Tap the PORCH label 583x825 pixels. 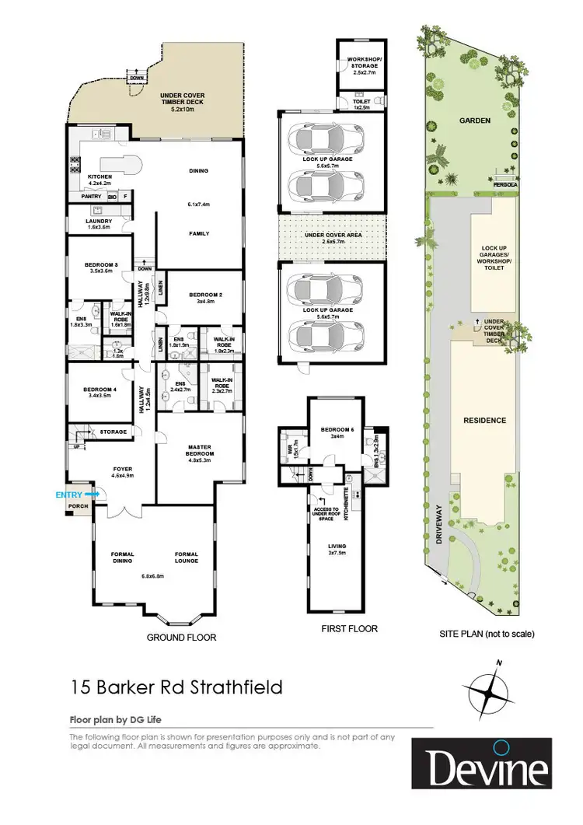pos(78,506)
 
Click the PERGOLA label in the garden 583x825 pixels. pos(505,184)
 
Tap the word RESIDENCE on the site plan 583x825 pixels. pos(484,421)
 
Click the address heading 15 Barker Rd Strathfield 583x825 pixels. pos(176,687)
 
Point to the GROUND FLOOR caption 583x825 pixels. pos(181,637)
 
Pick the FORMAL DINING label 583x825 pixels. pos(123,558)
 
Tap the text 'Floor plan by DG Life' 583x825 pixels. pos(116,719)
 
